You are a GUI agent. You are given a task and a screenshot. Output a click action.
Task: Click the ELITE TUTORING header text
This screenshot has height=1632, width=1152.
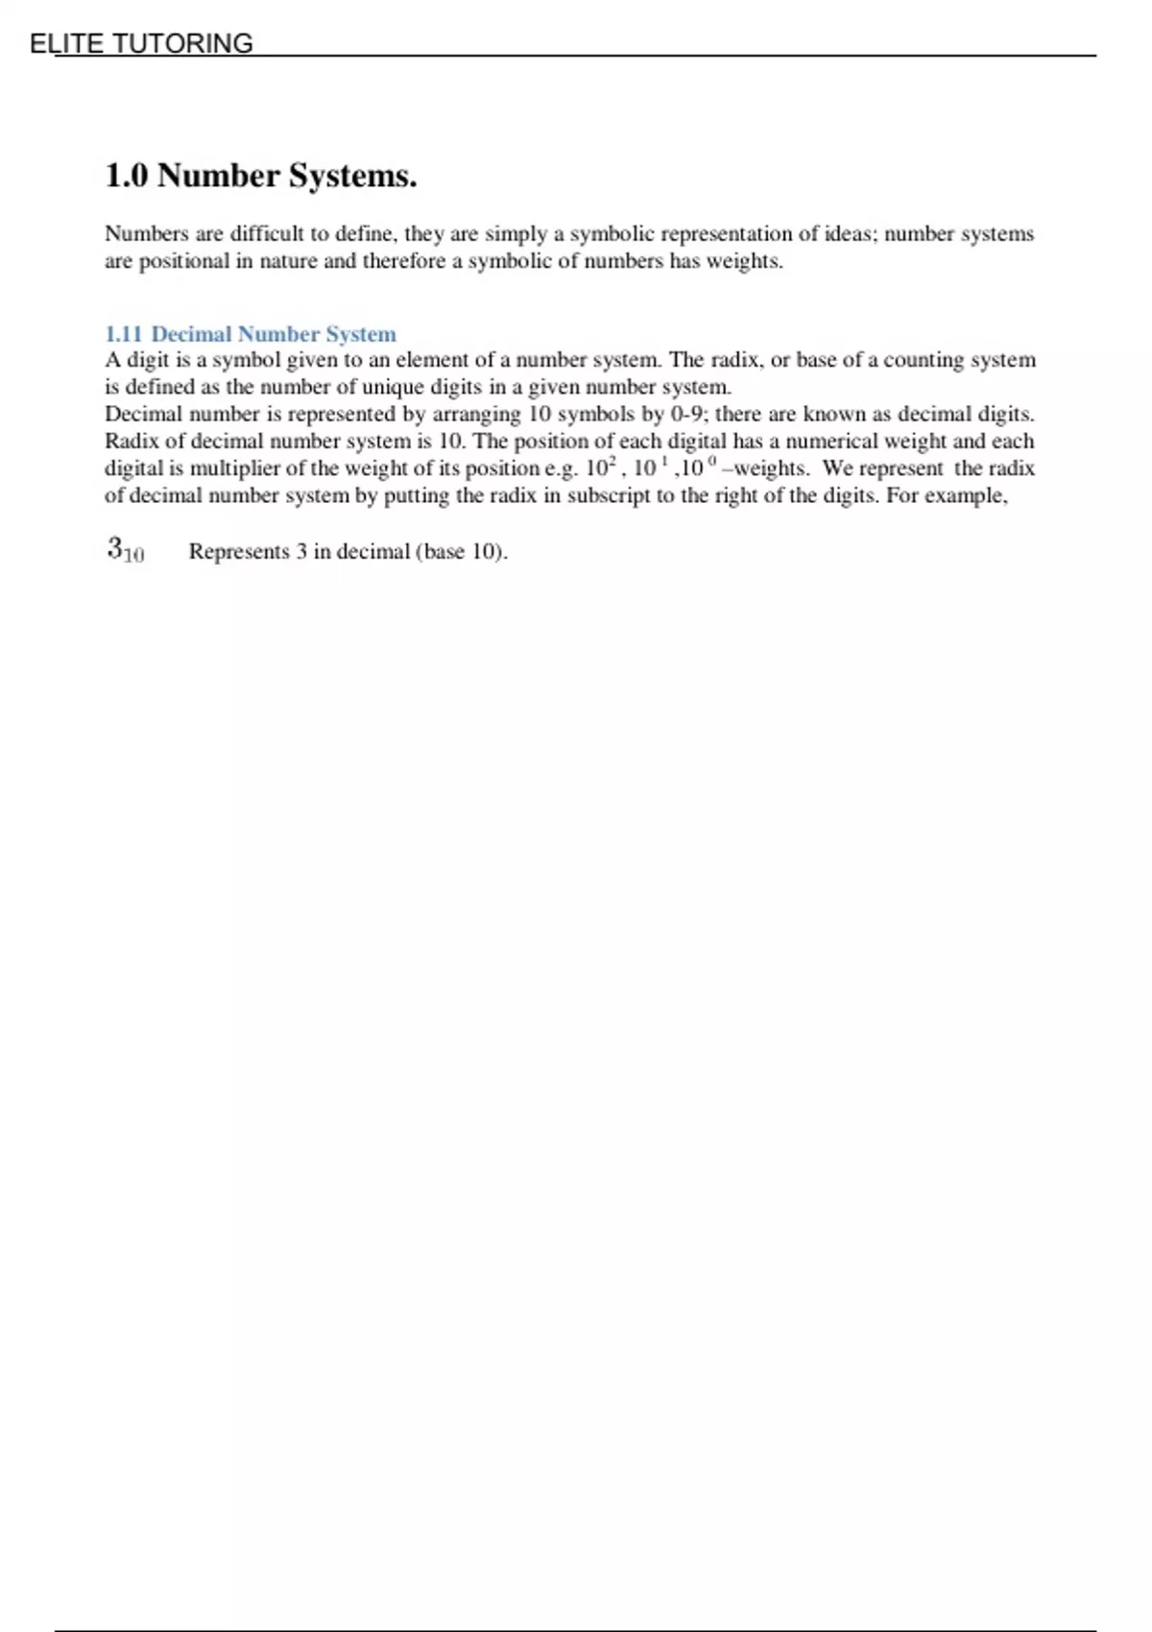[141, 43]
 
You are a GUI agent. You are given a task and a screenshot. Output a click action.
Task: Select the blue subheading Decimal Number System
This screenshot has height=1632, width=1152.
[274, 334]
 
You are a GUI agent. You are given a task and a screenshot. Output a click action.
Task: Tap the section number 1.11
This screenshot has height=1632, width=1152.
[123, 334]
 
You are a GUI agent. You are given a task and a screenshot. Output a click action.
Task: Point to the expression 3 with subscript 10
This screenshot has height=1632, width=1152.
[125, 550]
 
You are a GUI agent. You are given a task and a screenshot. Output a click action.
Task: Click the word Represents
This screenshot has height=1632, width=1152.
[238, 551]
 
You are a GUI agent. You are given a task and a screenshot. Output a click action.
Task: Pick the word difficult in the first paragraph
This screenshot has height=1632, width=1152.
[266, 233]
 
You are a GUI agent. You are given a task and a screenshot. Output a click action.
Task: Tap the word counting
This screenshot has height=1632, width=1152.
[923, 360]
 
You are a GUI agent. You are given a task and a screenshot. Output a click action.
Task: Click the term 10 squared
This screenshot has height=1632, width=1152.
[599, 468]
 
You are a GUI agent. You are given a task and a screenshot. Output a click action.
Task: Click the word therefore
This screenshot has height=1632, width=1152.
[403, 261]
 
